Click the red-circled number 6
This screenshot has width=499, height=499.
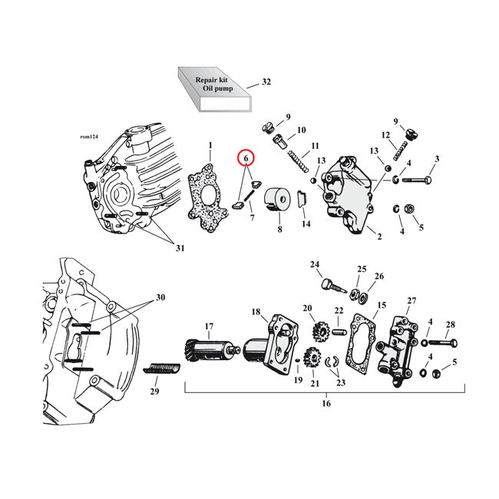tap(246, 159)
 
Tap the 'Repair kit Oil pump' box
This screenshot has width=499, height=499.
tap(213, 90)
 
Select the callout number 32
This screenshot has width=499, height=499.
tap(266, 81)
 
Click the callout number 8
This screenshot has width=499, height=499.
tap(279, 229)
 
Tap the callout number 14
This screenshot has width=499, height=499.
tap(306, 223)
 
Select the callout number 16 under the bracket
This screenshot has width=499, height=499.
tap(326, 403)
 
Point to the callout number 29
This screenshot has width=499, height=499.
tap(154, 392)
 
